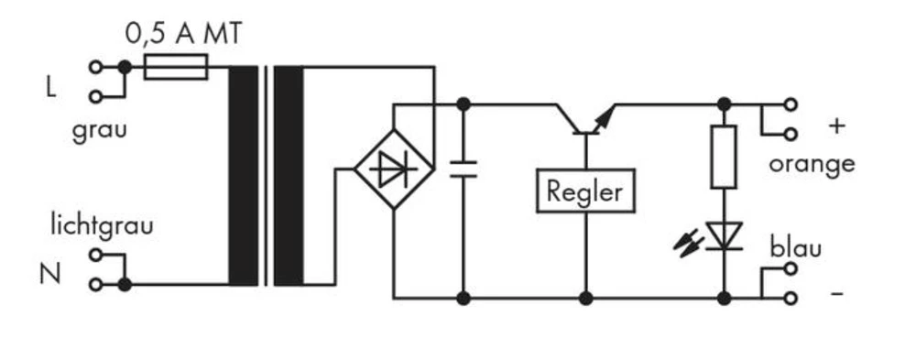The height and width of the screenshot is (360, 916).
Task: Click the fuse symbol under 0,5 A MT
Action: pyautogui.click(x=176, y=67)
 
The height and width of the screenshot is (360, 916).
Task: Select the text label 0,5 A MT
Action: pyautogui.click(x=183, y=35)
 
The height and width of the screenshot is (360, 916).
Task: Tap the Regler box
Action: pyautogui.click(x=584, y=191)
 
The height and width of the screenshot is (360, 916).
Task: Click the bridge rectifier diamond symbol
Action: pyautogui.click(x=394, y=169)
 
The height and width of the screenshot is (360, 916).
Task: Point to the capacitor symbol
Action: pyautogui.click(x=463, y=169)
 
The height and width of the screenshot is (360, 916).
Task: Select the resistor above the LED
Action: pyautogui.click(x=724, y=157)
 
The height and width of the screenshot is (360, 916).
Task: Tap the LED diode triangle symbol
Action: pyautogui.click(x=724, y=236)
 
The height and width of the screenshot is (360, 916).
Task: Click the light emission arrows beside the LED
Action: pyautogui.click(x=688, y=242)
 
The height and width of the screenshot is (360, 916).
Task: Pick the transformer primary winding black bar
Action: pyautogui.click(x=243, y=175)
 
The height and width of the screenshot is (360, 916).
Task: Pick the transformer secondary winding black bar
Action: pyautogui.click(x=289, y=175)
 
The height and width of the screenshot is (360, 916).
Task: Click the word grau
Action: pyautogui.click(x=100, y=130)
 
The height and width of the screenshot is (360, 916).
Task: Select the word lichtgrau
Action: pyautogui.click(x=102, y=225)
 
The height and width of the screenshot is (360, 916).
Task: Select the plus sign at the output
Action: pyautogui.click(x=835, y=125)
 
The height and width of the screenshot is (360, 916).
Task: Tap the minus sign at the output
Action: pyautogui.click(x=835, y=296)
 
